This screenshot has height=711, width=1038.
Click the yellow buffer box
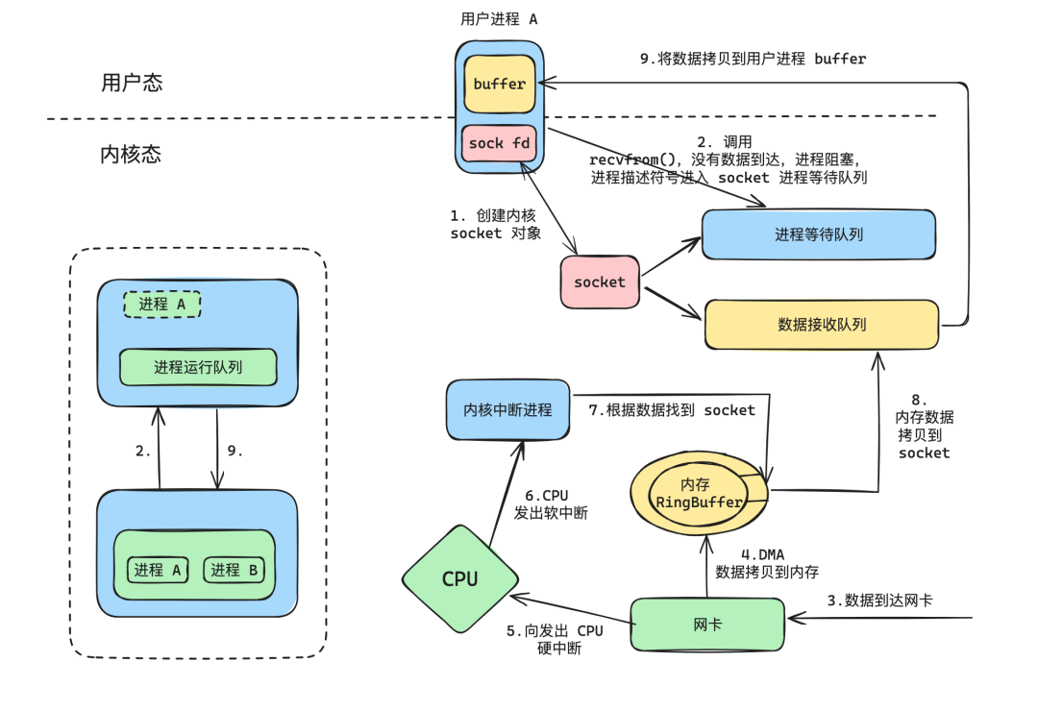point(499,85)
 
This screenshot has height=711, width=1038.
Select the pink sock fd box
point(499,143)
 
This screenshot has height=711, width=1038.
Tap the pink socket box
point(600,282)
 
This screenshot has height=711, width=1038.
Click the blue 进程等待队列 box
point(818,234)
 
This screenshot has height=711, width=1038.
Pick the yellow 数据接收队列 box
point(822,325)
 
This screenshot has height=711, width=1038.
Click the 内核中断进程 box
point(507,410)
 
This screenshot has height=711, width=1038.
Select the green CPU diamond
point(459,578)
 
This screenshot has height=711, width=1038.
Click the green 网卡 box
point(707,625)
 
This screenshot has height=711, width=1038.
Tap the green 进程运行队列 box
point(198,367)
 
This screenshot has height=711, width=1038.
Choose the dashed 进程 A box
point(161,305)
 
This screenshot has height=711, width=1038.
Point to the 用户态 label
point(132,83)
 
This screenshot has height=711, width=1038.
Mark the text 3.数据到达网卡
point(879,601)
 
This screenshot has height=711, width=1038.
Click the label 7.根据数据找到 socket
point(672,410)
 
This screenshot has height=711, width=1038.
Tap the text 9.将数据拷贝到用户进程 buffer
point(753,59)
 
